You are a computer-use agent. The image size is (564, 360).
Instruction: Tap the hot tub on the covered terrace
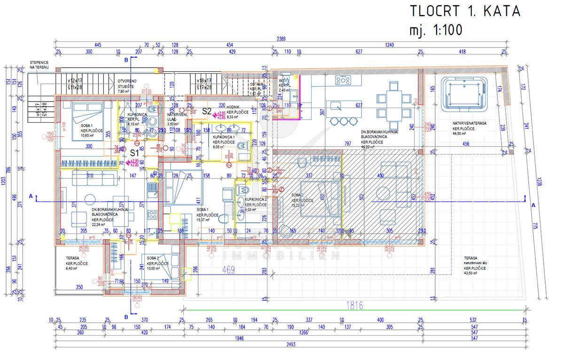coord(464,90)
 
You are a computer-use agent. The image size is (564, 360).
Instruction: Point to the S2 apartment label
coord(206,111)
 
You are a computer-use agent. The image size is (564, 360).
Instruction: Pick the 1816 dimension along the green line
coord(355,305)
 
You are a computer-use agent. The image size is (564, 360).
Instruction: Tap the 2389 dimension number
coord(282,39)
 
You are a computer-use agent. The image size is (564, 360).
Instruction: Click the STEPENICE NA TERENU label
coord(39,65)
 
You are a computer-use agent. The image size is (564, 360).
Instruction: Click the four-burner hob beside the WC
coord(343,80)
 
